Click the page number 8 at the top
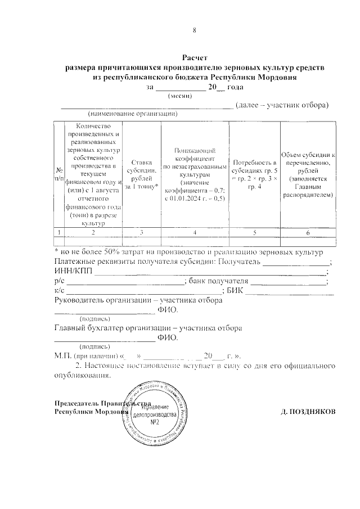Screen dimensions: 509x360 point(194,30)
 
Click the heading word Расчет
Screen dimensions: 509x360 point(195,57)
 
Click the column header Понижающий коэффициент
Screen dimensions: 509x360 point(194,174)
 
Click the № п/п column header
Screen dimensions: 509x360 point(58,174)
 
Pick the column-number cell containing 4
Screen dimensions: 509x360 point(194,232)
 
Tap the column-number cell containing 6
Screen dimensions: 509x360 point(308,232)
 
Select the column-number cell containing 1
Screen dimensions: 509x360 point(58,232)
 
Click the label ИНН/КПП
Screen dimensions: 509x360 point(73,271)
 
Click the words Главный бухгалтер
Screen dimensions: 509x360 point(88,328)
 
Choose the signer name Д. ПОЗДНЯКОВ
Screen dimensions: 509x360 point(308,411)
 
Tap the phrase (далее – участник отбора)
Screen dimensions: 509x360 point(282,105)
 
